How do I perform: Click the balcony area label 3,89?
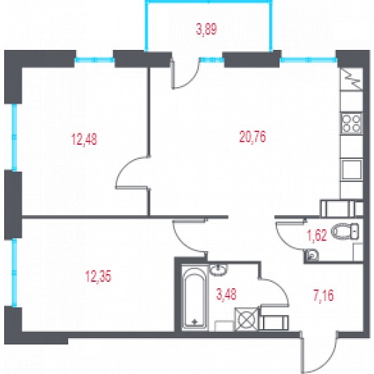[x=207, y=30]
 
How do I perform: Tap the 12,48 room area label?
[x=84, y=139]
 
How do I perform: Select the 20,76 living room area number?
[x=252, y=137]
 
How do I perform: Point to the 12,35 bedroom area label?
[x=98, y=277]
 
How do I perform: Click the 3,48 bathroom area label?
[x=226, y=294]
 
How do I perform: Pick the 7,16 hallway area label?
[x=323, y=296]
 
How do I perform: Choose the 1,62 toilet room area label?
[x=317, y=236]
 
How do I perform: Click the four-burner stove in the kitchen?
[x=351, y=123]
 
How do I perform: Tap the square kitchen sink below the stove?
[x=352, y=169]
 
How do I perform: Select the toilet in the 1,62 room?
[x=345, y=231]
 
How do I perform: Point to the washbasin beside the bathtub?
[x=219, y=270]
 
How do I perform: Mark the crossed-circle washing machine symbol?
[x=247, y=319]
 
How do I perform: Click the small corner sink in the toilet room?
[x=312, y=255]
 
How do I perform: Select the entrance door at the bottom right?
[x=320, y=352]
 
